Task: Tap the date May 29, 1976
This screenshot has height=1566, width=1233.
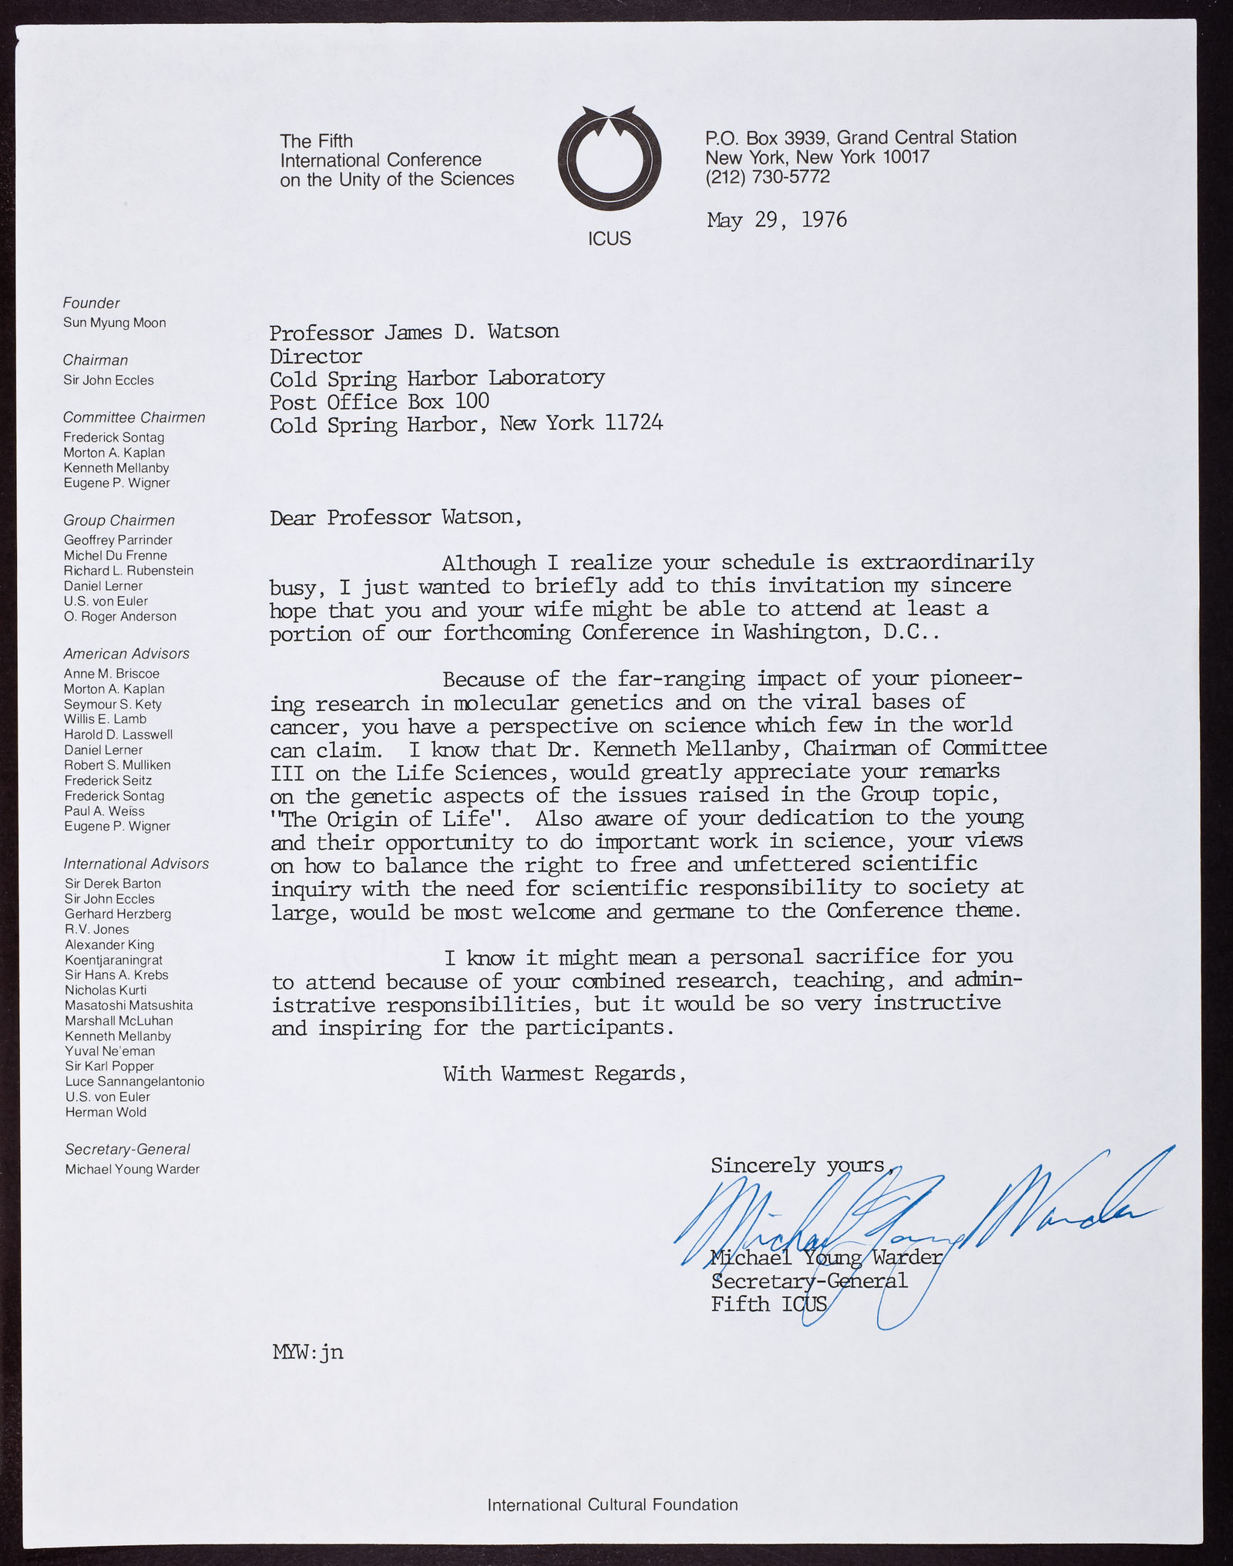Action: click(x=776, y=221)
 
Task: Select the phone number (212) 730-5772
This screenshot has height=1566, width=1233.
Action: click(x=767, y=177)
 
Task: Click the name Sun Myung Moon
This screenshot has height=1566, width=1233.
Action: click(x=115, y=323)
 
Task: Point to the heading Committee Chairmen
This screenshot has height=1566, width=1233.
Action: click(x=134, y=418)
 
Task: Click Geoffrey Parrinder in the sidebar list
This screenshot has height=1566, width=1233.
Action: click(x=118, y=541)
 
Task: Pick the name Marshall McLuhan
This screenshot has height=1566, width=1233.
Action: click(x=119, y=1021)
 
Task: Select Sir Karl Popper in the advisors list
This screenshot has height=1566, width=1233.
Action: click(x=109, y=1066)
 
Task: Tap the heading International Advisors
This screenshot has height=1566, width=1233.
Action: click(x=136, y=864)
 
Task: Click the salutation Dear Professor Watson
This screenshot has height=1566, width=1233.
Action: click(x=395, y=517)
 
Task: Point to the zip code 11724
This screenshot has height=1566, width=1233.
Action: click(x=633, y=423)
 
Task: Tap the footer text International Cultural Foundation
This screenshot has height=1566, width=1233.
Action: click(x=613, y=1505)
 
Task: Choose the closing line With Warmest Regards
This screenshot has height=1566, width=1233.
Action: click(x=564, y=1073)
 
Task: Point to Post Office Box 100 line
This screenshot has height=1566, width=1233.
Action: click(x=379, y=402)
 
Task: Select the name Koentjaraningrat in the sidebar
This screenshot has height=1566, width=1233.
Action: click(x=114, y=960)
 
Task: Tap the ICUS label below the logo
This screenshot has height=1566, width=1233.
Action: click(x=609, y=239)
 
